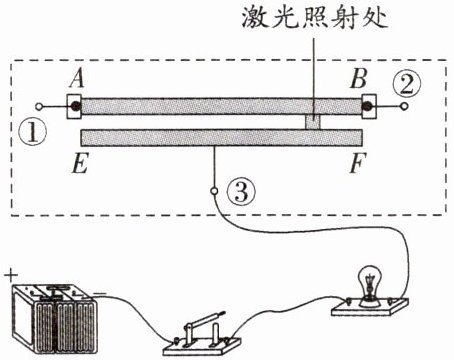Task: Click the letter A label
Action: tap(78, 79)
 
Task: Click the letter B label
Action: tap(359, 79)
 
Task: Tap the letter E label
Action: tap(80, 163)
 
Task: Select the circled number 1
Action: tap(33, 133)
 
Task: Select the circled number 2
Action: tap(407, 84)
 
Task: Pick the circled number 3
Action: tap(241, 192)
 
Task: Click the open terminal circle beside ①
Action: tap(39, 107)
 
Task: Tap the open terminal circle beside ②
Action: tap(405, 107)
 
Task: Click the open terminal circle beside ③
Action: tap(214, 191)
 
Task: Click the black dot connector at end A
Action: tap(75, 106)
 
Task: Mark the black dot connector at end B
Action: tap(368, 106)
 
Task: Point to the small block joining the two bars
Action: tap(313, 122)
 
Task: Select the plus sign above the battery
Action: tap(11, 276)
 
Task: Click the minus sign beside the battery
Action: tap(100, 294)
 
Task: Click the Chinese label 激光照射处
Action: tap(315, 17)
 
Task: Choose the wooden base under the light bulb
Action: tap(370, 307)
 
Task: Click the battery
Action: tap(55, 318)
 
